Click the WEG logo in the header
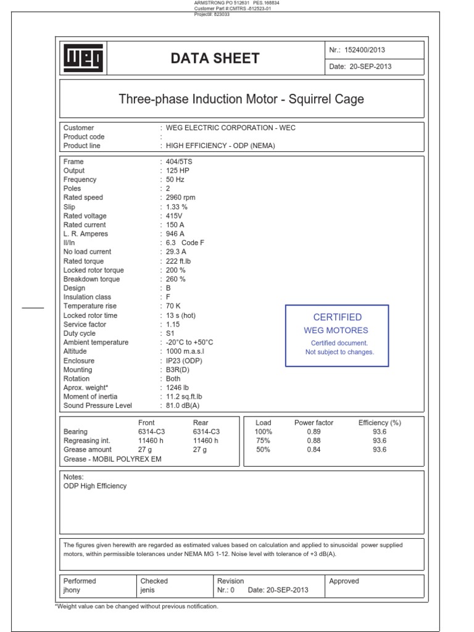click(84, 59)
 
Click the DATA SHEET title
click(215, 59)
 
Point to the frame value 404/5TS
click(178, 162)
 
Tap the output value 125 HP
click(177, 171)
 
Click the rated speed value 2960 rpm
click(181, 198)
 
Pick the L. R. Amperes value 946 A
click(175, 234)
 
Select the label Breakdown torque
click(91, 280)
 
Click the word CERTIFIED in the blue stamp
click(337, 317)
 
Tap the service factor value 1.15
click(173, 325)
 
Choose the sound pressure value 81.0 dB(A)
click(183, 406)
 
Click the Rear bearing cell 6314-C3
click(206, 432)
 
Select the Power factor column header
click(314, 423)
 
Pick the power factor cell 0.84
click(314, 450)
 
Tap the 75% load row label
click(263, 441)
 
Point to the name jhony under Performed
click(72, 590)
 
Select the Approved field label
click(344, 581)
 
